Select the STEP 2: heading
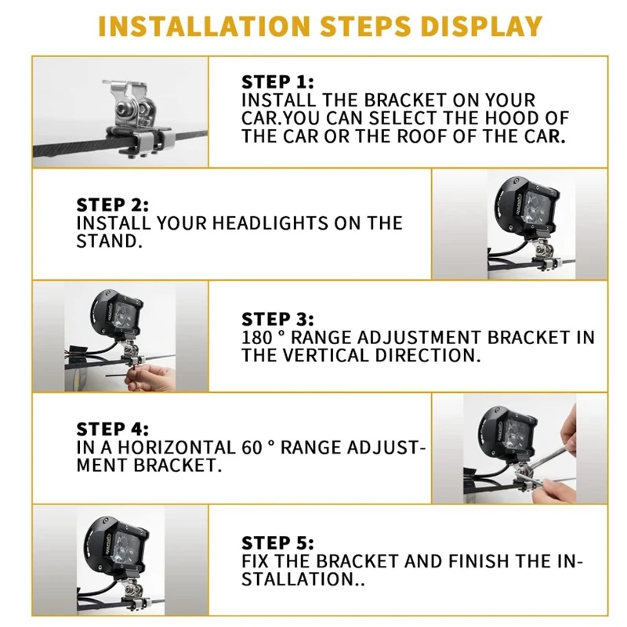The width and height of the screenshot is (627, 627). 112,205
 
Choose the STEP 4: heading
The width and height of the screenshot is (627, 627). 112,429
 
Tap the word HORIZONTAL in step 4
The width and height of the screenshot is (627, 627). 175,448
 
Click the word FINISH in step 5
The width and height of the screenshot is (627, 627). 480,561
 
